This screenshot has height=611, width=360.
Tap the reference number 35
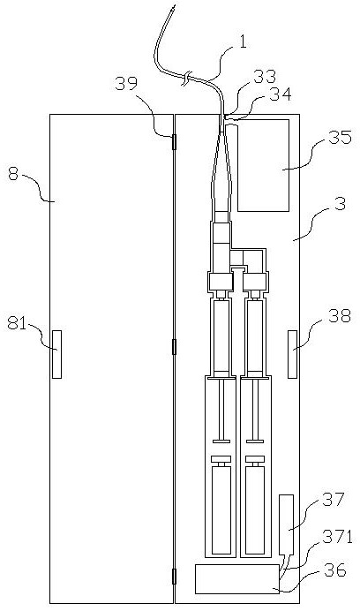click(340, 138)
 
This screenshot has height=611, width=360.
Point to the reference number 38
click(340, 316)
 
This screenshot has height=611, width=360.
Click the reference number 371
click(337, 538)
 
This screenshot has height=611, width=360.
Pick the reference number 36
click(334, 570)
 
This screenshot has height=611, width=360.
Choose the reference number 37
click(334, 500)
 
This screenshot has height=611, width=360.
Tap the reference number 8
click(13, 175)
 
